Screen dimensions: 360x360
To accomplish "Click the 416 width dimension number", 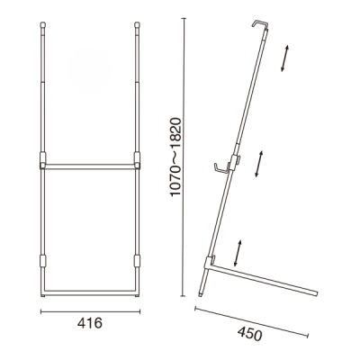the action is [x=90, y=323].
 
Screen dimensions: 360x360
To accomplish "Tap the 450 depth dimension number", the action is [x=249, y=334].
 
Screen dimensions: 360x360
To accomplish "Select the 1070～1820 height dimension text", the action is [x=175, y=157].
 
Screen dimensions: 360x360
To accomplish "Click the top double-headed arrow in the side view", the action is [x=284, y=58].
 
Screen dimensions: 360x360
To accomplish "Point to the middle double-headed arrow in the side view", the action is [x=259, y=164].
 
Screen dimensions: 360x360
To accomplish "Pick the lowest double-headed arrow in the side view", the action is [x=238, y=253].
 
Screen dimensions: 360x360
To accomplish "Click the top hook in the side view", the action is [x=260, y=24].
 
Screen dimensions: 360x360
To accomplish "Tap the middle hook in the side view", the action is [x=222, y=168].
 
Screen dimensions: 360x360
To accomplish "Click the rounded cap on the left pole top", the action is [x=43, y=25].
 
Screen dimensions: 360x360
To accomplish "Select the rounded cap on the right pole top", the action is [x=137, y=25].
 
